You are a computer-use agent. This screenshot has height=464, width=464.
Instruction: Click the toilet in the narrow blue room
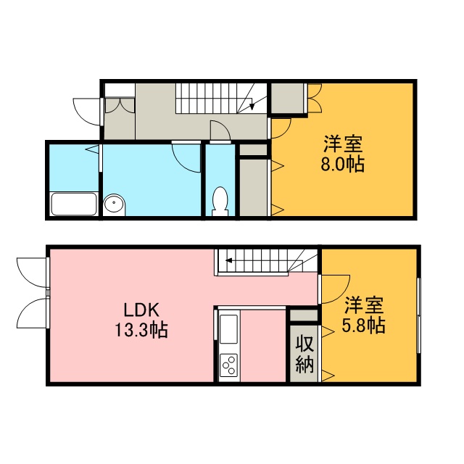[220, 201]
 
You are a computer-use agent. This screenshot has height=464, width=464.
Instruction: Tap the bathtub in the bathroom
[74, 204]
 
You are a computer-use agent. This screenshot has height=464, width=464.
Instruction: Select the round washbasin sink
[115, 204]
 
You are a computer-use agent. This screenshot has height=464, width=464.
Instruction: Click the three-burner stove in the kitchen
[228, 365]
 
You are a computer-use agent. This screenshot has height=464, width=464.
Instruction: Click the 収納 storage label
[304, 354]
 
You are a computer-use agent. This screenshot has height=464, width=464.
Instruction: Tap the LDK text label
[141, 310]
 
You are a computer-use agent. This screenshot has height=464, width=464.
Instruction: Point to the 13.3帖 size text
[141, 330]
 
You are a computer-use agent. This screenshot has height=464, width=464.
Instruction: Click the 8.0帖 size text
[342, 165]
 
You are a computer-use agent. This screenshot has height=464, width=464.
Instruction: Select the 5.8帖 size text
[363, 326]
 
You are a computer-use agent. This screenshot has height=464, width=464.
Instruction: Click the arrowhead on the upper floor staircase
[252, 106]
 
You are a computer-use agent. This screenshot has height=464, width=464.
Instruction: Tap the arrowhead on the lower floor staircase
[228, 261]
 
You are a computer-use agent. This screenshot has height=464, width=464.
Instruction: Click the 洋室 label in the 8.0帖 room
[343, 144]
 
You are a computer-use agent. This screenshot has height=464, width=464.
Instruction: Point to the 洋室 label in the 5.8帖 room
[364, 304]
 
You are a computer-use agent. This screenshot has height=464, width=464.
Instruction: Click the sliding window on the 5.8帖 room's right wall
[419, 315]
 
